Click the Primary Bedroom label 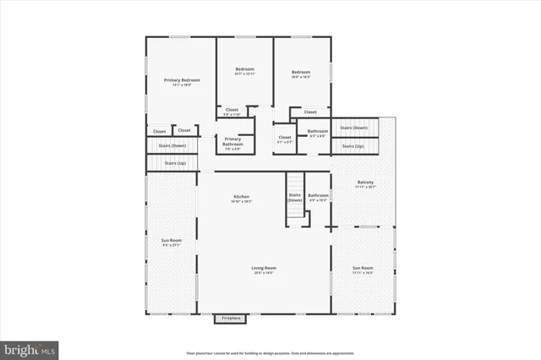click(181, 80)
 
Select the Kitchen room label click(241, 198)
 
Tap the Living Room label click(264, 268)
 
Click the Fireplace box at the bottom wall click(231, 319)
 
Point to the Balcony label click(365, 183)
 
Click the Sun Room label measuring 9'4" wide click(172, 241)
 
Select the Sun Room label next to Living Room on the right click(363, 268)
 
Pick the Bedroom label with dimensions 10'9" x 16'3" click(303, 71)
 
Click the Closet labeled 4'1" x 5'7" click(285, 137)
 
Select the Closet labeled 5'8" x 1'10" click(232, 110)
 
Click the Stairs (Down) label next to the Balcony click(353, 128)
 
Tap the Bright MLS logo click(30, 348)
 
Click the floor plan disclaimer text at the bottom click(270, 352)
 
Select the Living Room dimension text click(264, 273)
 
